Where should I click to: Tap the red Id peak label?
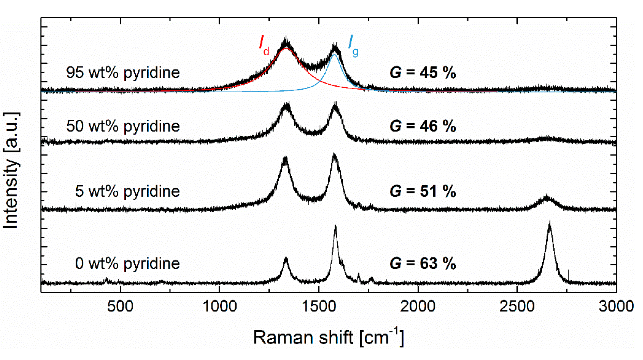[x=264, y=45]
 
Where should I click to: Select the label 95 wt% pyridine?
[x=123, y=73]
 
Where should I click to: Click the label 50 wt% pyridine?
[x=123, y=126]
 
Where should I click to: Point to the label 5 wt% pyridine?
[x=127, y=191]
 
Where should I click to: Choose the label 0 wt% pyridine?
[x=127, y=263]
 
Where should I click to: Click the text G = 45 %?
[x=423, y=73]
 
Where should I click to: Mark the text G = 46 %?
[x=423, y=126]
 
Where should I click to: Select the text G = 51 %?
[x=423, y=191]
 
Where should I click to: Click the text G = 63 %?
[x=423, y=263]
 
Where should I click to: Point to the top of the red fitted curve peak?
[x=286, y=48]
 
